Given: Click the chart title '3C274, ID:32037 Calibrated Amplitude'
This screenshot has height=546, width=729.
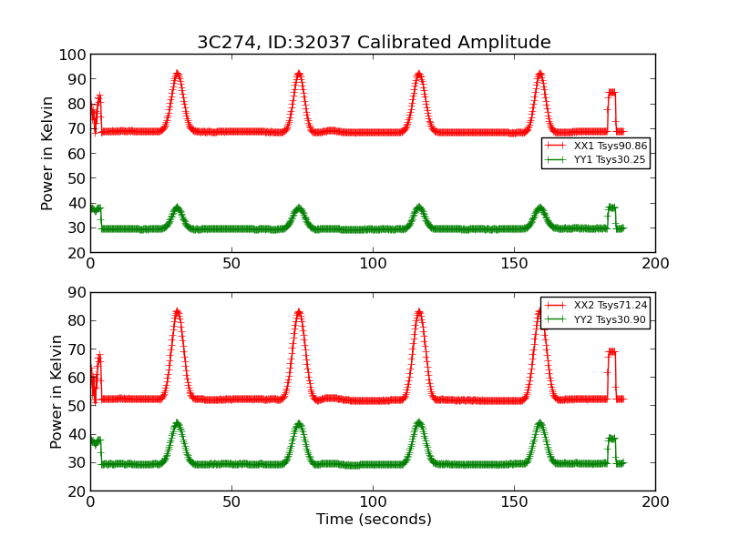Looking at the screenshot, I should pos(374,43).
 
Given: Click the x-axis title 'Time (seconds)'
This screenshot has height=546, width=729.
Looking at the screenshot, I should pos(374,520).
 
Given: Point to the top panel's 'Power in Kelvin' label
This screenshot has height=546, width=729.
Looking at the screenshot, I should pos(47,153).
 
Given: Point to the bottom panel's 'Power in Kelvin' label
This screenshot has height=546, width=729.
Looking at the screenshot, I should pos(56,391).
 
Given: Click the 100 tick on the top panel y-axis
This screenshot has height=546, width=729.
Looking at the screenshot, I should pos(73,55).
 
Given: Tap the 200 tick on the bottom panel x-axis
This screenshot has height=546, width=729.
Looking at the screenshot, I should pos(654,501).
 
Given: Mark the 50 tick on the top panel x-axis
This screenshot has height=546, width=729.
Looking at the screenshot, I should pos(231,263).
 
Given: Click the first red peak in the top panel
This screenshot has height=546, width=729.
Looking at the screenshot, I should pos(177,75).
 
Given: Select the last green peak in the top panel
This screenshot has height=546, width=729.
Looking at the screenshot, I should pos(539,208).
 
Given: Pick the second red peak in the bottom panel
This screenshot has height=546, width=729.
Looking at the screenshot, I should pos(298,313).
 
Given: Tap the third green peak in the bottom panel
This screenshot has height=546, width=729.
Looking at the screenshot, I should pos(418,423).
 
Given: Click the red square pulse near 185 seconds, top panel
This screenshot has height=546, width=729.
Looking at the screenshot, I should pos(611,92).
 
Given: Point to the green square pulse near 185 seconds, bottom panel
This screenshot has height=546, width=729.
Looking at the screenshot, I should pos(611,439).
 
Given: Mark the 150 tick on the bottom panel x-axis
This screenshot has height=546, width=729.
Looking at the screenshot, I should pos(514,501).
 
